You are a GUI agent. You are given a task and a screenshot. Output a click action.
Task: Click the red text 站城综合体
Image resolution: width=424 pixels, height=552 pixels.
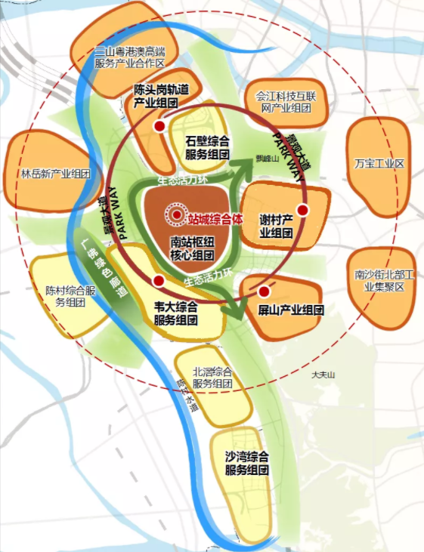(x=218, y=217)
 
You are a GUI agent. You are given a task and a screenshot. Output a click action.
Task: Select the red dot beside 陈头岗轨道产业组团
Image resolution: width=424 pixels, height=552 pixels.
(x=159, y=127)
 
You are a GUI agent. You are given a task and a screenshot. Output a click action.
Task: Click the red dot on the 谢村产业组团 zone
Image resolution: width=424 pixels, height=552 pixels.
(x=302, y=210)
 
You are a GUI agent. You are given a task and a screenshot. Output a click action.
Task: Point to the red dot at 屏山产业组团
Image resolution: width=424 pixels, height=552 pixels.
(x=264, y=291)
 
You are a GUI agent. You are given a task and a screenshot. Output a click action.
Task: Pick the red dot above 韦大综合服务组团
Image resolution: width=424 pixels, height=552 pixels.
(x=158, y=281)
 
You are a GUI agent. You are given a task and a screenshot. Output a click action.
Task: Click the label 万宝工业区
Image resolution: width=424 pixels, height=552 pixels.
(x=379, y=164)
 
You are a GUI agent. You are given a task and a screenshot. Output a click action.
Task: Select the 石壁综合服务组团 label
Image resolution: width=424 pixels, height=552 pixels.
(x=207, y=147)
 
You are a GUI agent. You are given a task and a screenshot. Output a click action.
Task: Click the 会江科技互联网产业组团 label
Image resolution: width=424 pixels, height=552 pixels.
(x=280, y=102)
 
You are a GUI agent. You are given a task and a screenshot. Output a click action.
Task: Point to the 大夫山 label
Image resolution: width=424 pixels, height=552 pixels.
(x=321, y=375)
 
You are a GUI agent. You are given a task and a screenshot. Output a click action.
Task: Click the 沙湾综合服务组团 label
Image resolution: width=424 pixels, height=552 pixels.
(x=248, y=464)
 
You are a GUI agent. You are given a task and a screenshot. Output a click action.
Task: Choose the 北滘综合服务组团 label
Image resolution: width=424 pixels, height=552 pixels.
(x=212, y=378)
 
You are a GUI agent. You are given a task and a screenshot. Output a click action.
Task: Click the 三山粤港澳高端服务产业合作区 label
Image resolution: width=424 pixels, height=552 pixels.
(x=129, y=57)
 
